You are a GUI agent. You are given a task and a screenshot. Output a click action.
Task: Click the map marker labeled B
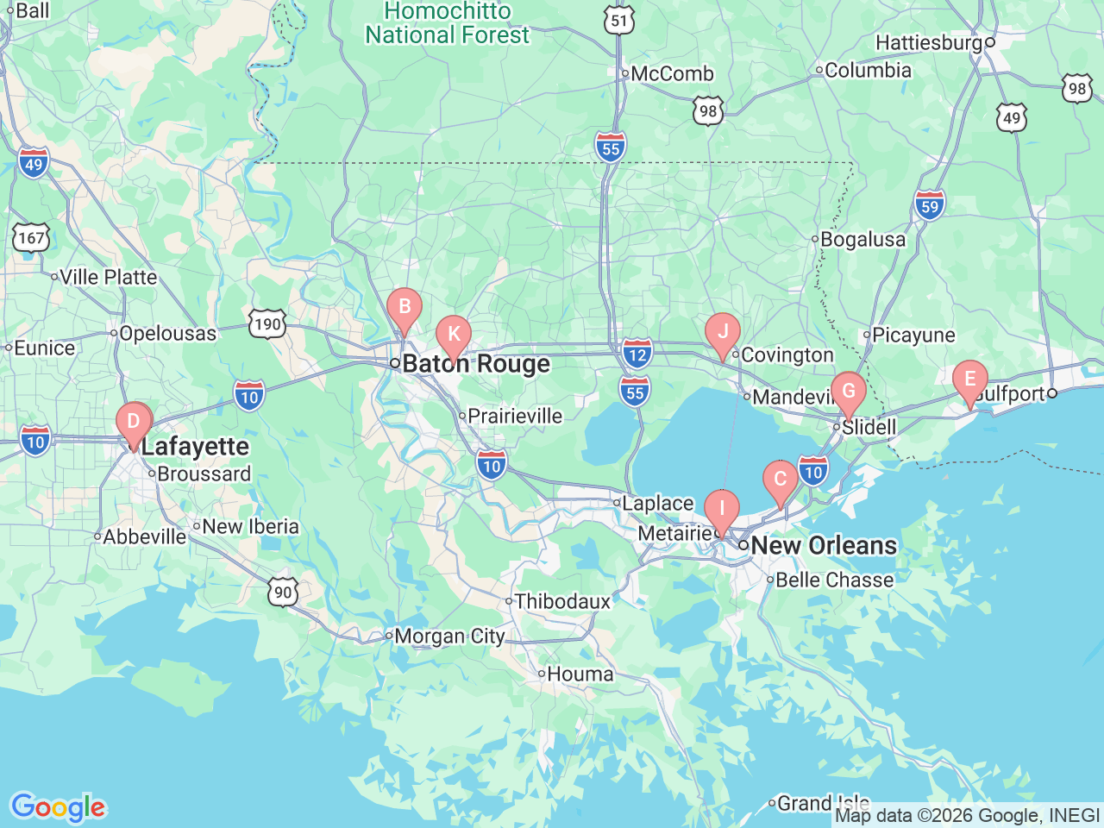[404, 308]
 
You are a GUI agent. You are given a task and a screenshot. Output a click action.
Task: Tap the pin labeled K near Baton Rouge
[454, 336]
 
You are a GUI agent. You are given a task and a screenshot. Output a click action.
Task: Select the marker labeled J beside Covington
[723, 332]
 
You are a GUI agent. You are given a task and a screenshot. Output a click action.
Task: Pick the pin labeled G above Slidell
[849, 391]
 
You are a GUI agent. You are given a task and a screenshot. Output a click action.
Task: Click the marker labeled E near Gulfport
[970, 379]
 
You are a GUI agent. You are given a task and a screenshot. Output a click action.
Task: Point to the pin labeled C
[781, 480]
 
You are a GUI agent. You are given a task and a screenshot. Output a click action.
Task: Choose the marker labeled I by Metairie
[722, 509]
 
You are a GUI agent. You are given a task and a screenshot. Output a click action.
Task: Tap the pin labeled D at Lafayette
[134, 422]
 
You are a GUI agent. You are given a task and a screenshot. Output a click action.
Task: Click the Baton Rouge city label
[476, 364]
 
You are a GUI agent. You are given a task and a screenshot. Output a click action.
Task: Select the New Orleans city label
[824, 545]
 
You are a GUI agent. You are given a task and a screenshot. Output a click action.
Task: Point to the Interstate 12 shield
[637, 354]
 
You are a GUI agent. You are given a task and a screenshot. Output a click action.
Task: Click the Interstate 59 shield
[930, 205]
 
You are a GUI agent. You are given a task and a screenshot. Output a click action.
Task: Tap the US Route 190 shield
[267, 324]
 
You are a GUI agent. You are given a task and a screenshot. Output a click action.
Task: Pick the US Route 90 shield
[283, 593]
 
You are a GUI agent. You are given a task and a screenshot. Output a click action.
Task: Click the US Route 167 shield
[31, 238]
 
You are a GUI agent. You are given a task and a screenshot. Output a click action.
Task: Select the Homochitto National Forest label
[447, 23]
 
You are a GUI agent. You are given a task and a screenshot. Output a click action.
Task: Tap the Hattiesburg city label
[929, 42]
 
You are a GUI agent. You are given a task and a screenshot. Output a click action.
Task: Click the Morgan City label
[448, 637]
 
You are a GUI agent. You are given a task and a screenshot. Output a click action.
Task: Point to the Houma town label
[580, 674]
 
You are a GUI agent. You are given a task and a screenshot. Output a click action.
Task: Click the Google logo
[58, 807]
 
